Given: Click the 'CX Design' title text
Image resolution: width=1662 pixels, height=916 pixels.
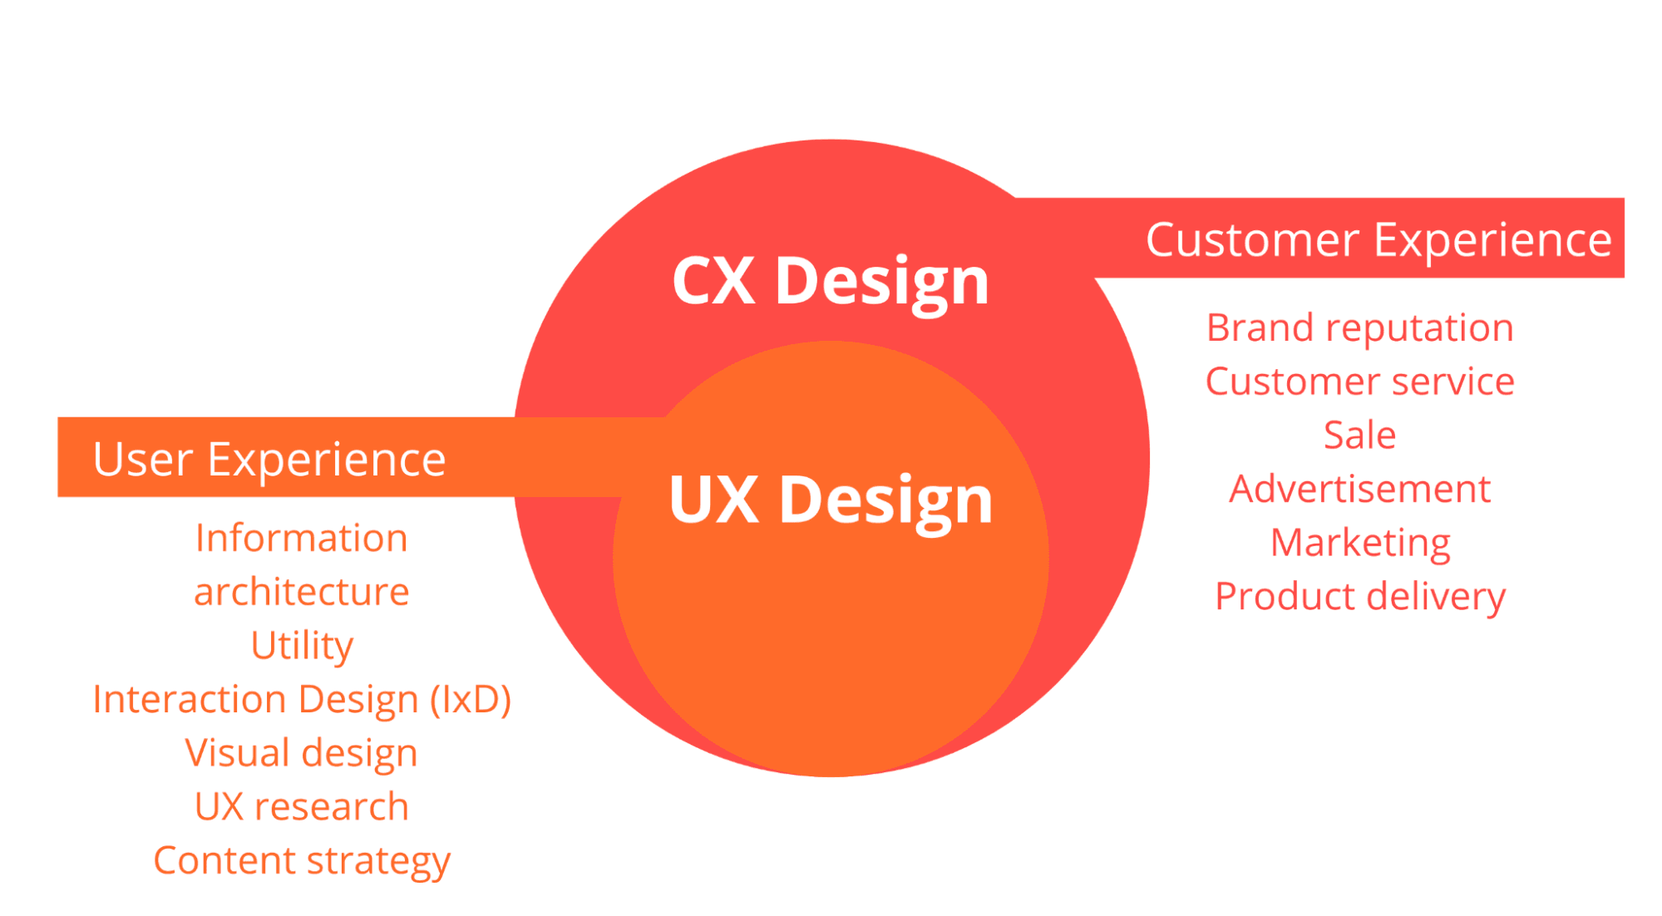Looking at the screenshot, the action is (x=831, y=282).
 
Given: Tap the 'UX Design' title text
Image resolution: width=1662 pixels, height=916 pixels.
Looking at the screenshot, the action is (x=831, y=500).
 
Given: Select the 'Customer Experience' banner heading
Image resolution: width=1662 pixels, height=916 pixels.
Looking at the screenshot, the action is (x=1378, y=240).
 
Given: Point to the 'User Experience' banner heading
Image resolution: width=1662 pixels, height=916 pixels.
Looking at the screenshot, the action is (x=269, y=460).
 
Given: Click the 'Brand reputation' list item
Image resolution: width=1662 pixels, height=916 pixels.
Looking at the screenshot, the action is (x=1360, y=328).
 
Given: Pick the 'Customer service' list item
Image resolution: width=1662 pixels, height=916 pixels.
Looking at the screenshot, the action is (x=1360, y=382).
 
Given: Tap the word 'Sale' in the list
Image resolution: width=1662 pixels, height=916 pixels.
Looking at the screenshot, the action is (x=1360, y=435).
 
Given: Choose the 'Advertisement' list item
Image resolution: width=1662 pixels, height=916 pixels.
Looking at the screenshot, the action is (x=1360, y=489).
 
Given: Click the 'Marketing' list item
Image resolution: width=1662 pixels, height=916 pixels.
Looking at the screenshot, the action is (x=1361, y=544).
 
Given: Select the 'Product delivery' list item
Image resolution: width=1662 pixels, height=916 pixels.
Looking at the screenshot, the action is (x=1360, y=598).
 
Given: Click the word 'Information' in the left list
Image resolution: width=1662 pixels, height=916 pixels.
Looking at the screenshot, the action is (x=302, y=538).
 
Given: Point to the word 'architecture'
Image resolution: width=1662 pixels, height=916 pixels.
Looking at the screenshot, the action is (x=302, y=592).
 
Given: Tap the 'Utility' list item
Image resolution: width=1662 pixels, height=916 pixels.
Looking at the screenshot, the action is (x=303, y=646).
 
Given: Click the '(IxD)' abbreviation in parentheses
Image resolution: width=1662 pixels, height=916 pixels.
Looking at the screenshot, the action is (x=471, y=700).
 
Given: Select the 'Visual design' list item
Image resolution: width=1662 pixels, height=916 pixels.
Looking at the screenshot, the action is (x=301, y=754).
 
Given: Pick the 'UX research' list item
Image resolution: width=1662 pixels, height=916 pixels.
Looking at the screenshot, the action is (x=302, y=806).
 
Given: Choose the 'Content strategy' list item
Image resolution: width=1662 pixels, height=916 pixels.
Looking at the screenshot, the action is (x=302, y=861).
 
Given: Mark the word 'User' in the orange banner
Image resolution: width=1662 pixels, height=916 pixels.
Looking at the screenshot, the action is (x=143, y=460).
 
